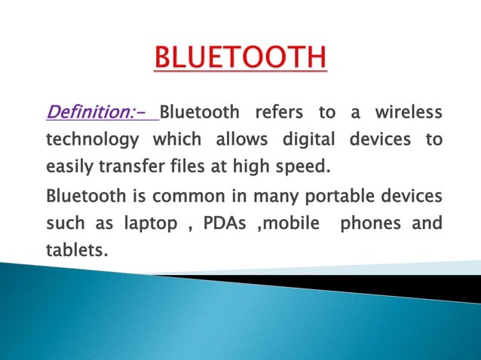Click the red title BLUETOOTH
click(240, 58)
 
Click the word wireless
click(408, 114)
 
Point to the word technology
click(93, 140)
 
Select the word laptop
click(144, 224)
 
